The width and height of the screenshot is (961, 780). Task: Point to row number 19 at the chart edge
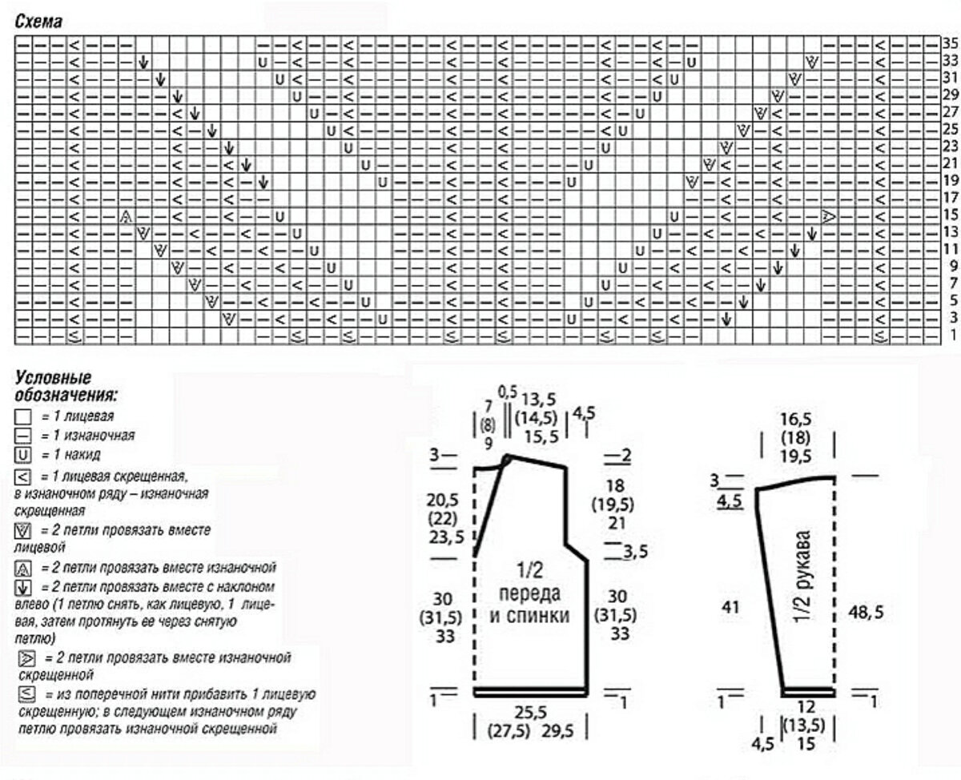[x=950, y=179]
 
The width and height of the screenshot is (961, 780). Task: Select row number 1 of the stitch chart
[x=952, y=335]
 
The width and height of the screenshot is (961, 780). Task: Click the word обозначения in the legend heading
[x=66, y=395]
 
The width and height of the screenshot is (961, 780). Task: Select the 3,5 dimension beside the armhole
[x=635, y=552]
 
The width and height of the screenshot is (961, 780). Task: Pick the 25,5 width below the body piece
[x=531, y=713]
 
